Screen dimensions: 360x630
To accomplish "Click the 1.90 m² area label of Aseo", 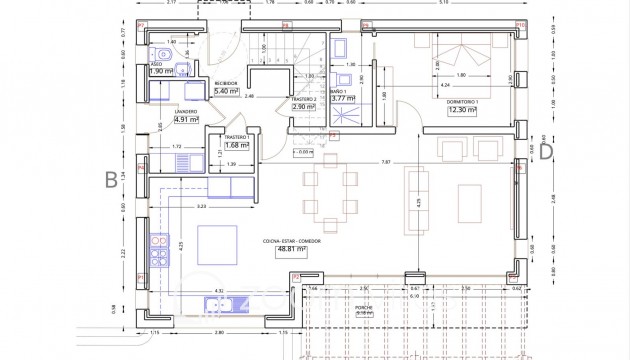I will pos(162,72).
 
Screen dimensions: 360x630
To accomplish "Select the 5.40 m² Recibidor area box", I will pos(228,91).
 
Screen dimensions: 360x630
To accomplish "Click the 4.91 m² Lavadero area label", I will pos(186,119).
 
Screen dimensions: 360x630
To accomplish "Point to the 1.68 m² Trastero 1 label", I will pos(237,144).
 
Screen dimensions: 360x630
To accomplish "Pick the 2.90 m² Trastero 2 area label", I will pos(304,106).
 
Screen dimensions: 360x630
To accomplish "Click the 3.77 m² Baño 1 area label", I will pos(344,98).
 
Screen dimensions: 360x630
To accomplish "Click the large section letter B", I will pos(109,180).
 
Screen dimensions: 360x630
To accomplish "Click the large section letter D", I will pos(546,151).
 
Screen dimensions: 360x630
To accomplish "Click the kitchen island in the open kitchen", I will pos(214,244).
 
